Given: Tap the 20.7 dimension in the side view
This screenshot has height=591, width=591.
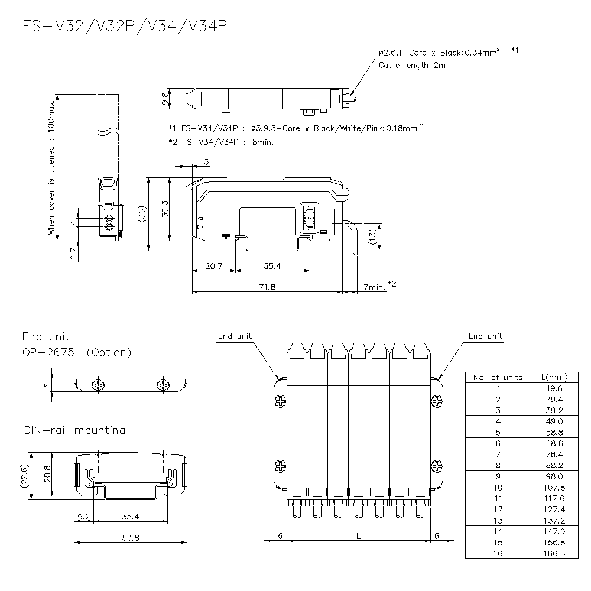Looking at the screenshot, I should click(x=213, y=267).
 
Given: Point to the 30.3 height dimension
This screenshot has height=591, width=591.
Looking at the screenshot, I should click(x=165, y=208).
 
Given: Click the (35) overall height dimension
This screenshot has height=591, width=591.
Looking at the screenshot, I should click(x=142, y=213).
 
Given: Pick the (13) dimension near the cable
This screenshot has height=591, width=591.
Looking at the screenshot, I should click(x=372, y=236).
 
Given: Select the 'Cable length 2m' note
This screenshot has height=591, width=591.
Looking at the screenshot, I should click(x=412, y=66).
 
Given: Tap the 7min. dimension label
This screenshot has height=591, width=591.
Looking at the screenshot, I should click(x=375, y=287).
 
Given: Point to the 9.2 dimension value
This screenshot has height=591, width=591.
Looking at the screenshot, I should click(x=83, y=517).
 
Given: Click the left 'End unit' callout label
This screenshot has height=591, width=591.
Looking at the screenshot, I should click(x=235, y=336).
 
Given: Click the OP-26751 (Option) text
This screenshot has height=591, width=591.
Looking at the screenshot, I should click(x=77, y=353).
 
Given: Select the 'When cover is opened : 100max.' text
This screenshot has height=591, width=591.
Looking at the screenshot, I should click(x=52, y=167).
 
